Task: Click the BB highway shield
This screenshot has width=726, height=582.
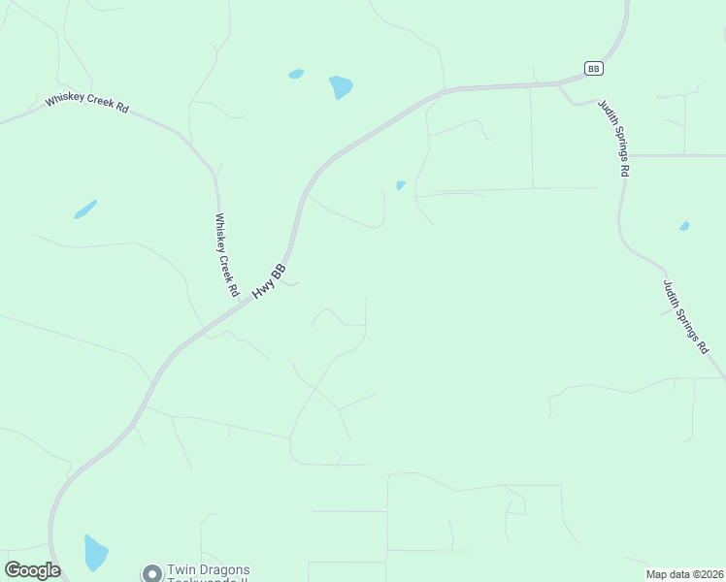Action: click(x=594, y=68)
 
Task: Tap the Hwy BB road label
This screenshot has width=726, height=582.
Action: click(x=269, y=280)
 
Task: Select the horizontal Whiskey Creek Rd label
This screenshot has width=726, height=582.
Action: click(x=86, y=102)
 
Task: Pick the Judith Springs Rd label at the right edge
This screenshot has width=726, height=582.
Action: click(x=685, y=316)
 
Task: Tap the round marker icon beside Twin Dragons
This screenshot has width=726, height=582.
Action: click(x=151, y=573)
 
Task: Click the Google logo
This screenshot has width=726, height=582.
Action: click(x=32, y=570)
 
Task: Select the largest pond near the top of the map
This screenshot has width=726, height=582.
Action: click(x=341, y=87)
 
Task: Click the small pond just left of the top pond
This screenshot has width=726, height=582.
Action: click(x=296, y=74)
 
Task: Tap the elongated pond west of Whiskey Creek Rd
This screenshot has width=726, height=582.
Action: click(x=85, y=209)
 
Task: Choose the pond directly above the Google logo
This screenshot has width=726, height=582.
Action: click(x=95, y=553)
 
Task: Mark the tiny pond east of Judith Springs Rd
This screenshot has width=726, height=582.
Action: click(x=684, y=226)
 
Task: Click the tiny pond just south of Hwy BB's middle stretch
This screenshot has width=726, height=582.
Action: click(x=400, y=185)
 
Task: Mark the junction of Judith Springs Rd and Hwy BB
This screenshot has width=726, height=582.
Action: click(x=559, y=84)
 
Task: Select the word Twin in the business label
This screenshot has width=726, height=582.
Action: click(x=181, y=570)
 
